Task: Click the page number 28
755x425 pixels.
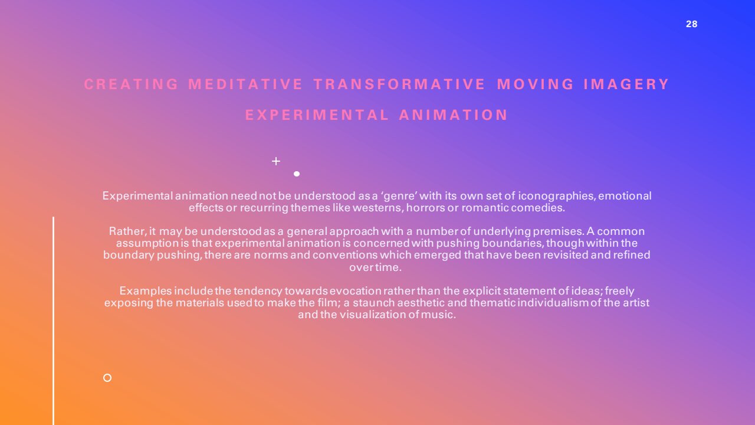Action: [692, 24]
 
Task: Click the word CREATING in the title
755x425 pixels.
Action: [131, 84]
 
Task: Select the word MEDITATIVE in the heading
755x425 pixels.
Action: [245, 84]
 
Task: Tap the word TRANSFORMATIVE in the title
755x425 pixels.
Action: [399, 84]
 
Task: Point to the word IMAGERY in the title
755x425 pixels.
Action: [626, 84]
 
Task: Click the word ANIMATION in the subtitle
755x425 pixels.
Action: [454, 115]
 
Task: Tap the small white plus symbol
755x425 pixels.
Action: [276, 161]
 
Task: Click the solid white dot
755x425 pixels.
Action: [297, 174]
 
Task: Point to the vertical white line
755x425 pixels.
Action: [53, 321]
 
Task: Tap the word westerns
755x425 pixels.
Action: [378, 208]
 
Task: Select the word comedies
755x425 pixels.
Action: [538, 208]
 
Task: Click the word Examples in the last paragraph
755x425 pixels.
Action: [146, 291]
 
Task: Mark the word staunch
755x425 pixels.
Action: [374, 303]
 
